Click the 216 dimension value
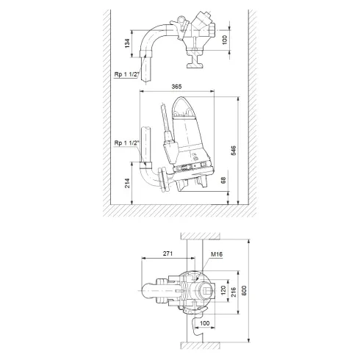click(236, 292)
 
